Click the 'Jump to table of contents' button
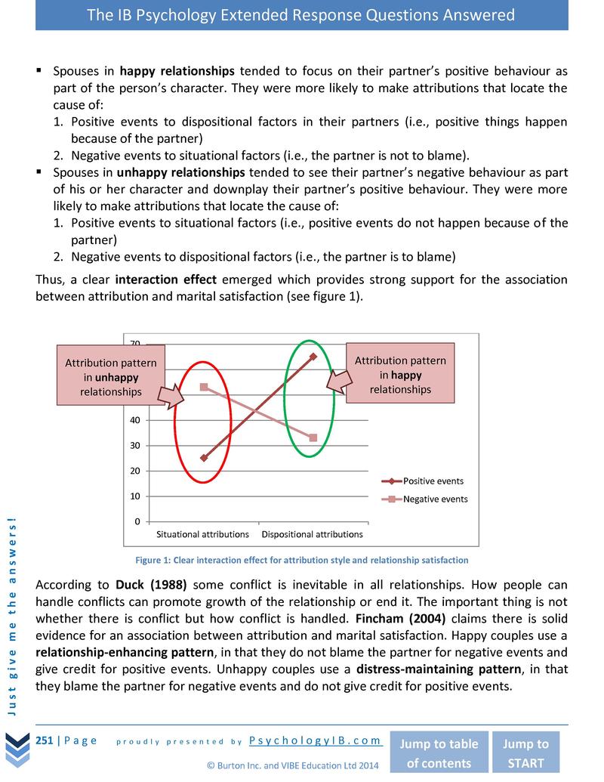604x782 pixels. pyautogui.click(x=438, y=753)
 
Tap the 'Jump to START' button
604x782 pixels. pyautogui.click(x=526, y=753)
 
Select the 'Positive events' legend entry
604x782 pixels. pyautogui.click(x=433, y=481)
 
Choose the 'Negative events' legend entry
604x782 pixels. pyautogui.click(x=435, y=499)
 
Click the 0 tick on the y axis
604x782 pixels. pyautogui.click(x=137, y=521)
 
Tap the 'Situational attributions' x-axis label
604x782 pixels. pyautogui.click(x=202, y=534)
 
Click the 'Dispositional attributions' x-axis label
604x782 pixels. pyautogui.click(x=312, y=534)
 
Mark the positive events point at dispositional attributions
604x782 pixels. pyautogui.click(x=313, y=356)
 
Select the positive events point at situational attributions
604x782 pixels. pyautogui.click(x=204, y=458)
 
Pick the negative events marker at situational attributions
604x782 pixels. pyautogui.click(x=204, y=387)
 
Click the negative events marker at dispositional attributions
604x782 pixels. pyautogui.click(x=313, y=438)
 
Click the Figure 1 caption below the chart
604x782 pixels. pyautogui.click(x=301, y=560)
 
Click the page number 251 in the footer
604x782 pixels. pyautogui.click(x=45, y=740)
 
